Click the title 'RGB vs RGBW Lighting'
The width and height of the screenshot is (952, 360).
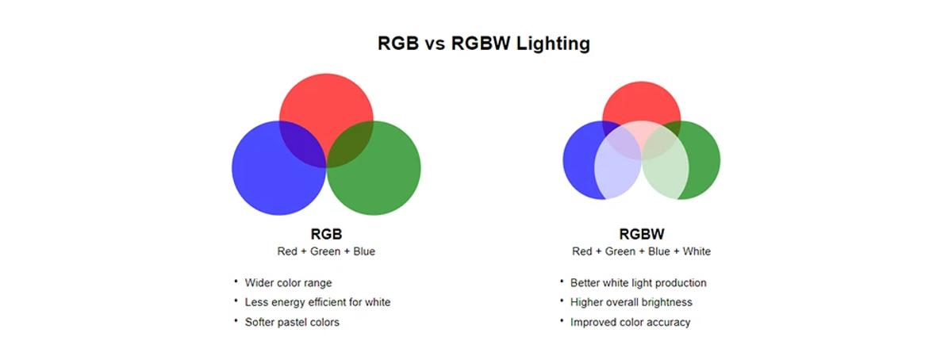483,44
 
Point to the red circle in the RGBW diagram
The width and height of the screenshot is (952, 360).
641,99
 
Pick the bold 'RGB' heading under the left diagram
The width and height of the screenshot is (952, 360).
326,235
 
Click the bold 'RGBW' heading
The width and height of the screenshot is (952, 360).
641,235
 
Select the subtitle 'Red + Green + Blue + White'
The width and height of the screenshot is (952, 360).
641,251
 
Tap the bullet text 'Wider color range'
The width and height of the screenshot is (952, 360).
288,283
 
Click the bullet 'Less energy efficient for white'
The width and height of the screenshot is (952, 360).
317,302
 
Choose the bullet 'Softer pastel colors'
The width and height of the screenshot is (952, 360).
292,322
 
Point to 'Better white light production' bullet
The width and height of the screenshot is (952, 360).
638,283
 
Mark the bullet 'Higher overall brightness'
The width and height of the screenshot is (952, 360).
631,302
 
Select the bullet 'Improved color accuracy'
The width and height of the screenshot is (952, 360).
630,322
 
